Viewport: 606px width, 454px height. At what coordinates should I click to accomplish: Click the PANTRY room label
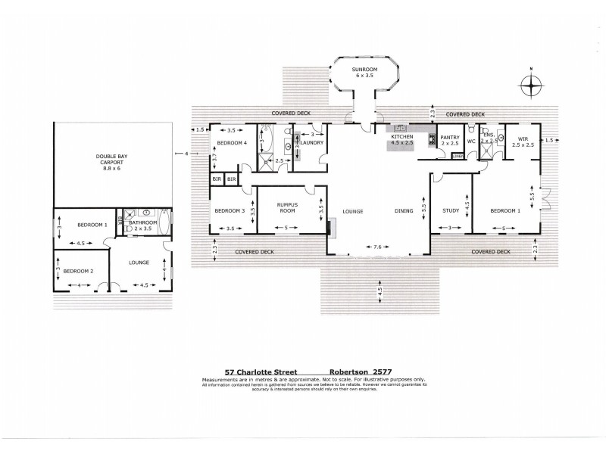tap(450, 136)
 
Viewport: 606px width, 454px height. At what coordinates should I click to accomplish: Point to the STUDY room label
tap(451, 211)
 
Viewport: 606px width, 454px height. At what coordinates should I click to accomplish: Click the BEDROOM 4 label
tap(232, 142)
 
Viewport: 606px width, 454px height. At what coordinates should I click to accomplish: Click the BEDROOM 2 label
tap(78, 271)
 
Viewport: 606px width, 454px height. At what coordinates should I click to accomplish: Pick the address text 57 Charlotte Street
tap(256, 372)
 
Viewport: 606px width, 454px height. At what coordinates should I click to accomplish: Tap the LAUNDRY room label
tap(312, 142)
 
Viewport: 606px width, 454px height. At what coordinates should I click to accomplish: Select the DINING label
tap(403, 211)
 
